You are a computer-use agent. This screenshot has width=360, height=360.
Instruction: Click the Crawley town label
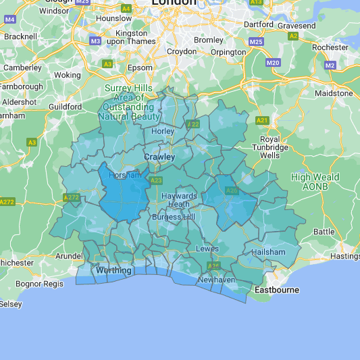[x=159, y=157]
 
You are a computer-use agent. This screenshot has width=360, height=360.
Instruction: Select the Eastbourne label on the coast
[x=276, y=290]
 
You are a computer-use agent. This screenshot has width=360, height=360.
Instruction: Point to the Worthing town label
[x=113, y=270]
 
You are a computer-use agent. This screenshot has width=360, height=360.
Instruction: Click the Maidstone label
[x=333, y=93]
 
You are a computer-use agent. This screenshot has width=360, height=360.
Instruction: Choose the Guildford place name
[x=66, y=107]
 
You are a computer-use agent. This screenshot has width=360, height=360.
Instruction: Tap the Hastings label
[x=345, y=256]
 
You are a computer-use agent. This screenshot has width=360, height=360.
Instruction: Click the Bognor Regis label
[x=38, y=284]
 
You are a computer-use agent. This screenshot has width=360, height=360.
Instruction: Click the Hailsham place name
[x=268, y=251]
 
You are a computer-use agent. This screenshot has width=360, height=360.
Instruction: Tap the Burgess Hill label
[x=173, y=217]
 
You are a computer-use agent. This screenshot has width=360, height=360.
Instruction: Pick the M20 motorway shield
[x=273, y=62]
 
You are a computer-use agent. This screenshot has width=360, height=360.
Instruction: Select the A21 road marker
[x=261, y=120]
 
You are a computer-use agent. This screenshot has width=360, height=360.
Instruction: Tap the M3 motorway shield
[x=95, y=41]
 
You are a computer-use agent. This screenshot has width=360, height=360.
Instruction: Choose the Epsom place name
[x=140, y=68]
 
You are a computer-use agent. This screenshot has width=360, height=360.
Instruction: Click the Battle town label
[x=324, y=231]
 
